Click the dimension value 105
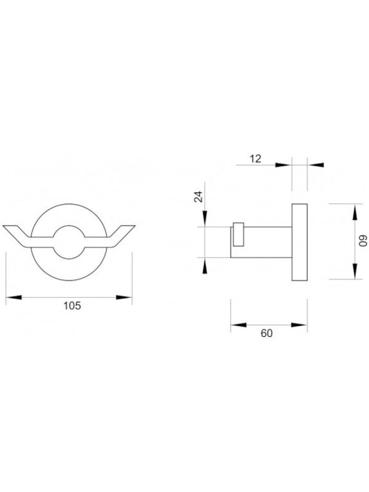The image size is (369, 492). [x=72, y=305]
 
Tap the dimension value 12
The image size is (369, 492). [x=256, y=159]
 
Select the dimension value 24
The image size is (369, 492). [x=198, y=197]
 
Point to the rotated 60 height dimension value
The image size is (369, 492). [x=363, y=242]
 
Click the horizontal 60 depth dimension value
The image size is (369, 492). [x=266, y=333]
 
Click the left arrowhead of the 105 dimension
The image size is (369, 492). [x=14, y=297]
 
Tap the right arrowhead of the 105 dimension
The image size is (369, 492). [x=124, y=297]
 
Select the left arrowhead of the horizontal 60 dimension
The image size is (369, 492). [x=239, y=325]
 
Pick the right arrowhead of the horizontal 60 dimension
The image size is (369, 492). [x=300, y=325]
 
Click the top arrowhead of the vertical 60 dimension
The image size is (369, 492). [x=355, y=212]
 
